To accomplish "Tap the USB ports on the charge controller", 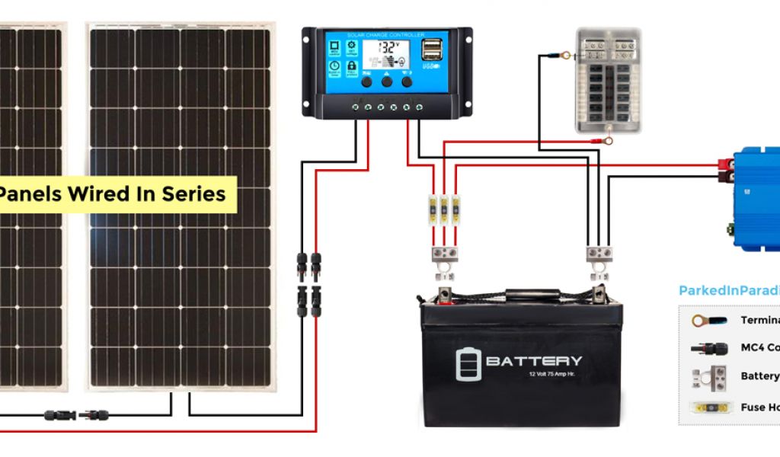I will pos(431,50).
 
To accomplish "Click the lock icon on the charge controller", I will pos(352,66).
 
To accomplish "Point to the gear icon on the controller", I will pos(352,47).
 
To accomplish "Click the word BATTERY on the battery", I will pos(533,361).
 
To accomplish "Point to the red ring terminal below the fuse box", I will pos(607,140).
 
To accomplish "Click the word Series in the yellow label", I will pos(193,193).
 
